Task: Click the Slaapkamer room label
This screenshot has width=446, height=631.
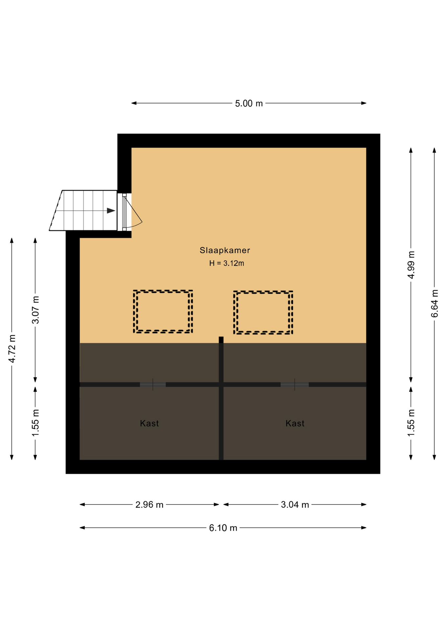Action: point(225,250)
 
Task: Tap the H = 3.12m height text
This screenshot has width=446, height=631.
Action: point(227,263)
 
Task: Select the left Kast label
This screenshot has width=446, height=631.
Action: point(149,423)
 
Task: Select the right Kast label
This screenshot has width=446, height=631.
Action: point(295,423)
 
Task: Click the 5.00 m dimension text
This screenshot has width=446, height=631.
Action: point(249,104)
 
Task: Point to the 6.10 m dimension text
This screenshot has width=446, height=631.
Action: point(223,528)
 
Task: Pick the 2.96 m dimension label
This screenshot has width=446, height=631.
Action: point(149,504)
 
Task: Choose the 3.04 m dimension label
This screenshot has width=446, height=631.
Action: point(295,504)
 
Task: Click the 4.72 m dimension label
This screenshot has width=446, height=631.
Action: point(12,349)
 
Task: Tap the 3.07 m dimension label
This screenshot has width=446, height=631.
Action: point(35,310)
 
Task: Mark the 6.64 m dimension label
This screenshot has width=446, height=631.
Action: point(435,303)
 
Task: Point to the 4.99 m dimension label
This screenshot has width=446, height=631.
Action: point(411,265)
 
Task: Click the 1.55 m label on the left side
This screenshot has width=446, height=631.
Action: point(35,423)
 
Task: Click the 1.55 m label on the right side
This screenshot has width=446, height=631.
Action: point(411,423)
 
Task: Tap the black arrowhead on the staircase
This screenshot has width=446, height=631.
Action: point(111,211)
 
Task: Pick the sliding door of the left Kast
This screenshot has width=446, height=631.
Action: point(153,385)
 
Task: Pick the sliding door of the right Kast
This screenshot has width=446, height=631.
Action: point(295,385)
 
